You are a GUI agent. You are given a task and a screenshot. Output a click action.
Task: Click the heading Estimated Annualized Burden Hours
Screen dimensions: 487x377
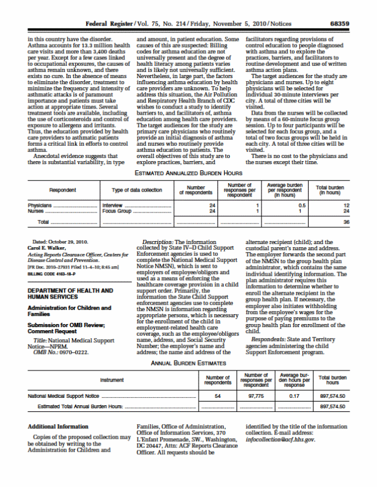[189, 173]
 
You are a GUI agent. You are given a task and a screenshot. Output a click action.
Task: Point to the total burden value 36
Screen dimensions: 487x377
[346, 222]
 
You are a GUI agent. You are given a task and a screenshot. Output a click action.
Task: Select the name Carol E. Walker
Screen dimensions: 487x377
[45, 249]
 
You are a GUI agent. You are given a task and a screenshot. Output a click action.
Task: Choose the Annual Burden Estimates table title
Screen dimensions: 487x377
[188, 362]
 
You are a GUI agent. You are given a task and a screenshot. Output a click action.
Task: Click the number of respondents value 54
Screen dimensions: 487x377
[218, 395]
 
